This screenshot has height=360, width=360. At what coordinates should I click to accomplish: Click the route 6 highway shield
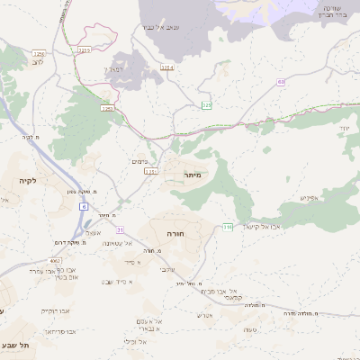[84, 207]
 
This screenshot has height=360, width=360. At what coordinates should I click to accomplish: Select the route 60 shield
[281, 82]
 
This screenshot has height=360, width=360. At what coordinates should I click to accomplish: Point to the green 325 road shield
[208, 105]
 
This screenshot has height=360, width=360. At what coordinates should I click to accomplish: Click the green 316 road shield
[228, 226]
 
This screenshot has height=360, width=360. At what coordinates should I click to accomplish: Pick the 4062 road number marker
[56, 261]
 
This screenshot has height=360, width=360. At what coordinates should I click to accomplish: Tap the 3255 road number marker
[85, 51]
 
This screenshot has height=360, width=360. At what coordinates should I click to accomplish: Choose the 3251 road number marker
[107, 109]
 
